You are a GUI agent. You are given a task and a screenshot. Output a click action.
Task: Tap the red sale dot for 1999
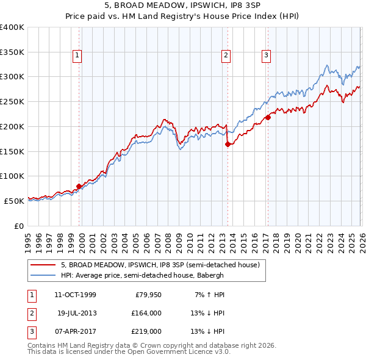click(x=79, y=186)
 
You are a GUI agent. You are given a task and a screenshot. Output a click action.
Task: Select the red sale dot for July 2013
click(x=228, y=145)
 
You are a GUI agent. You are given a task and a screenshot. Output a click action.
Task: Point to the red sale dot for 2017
click(x=268, y=117)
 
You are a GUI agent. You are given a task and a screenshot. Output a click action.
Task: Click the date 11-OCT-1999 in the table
click(x=75, y=295)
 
